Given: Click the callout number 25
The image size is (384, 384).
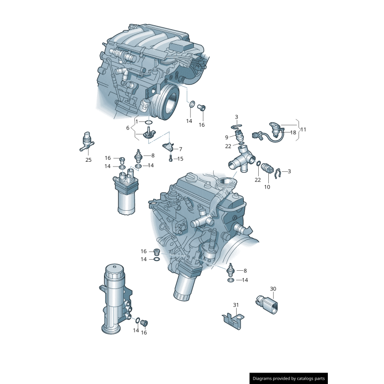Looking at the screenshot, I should pyautogui.click(x=88, y=160).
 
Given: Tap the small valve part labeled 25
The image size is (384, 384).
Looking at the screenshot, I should pyautogui.click(x=87, y=139).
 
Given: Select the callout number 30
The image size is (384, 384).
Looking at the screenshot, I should pyautogui.click(x=273, y=289).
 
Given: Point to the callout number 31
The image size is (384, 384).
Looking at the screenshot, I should pyautogui.click(x=236, y=305).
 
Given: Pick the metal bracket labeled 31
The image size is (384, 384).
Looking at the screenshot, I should pyautogui.click(x=233, y=320).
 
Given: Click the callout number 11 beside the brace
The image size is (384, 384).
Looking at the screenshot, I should pyautogui.click(x=303, y=130).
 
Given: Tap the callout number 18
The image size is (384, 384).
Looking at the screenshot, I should pyautogui.click(x=293, y=132).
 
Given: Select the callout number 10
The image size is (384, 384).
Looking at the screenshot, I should pyautogui.click(x=267, y=187).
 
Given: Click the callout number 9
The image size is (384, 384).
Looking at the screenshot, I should pyautogui.click(x=227, y=137).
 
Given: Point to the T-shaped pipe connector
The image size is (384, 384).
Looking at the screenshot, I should pyautogui.click(x=241, y=160).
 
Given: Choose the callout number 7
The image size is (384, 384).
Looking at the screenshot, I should pyautogui.click(x=180, y=149).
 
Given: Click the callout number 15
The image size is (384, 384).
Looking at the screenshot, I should pyautogui.click(x=180, y=159).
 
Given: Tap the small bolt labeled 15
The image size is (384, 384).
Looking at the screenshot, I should pyautogui.click(x=170, y=159).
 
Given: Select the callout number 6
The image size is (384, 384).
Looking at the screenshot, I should pyautogui.click(x=128, y=128).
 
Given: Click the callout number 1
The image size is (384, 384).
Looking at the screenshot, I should pyautogui.click(x=136, y=122).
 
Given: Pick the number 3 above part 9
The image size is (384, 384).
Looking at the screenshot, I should pyautogui.click(x=236, y=117).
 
